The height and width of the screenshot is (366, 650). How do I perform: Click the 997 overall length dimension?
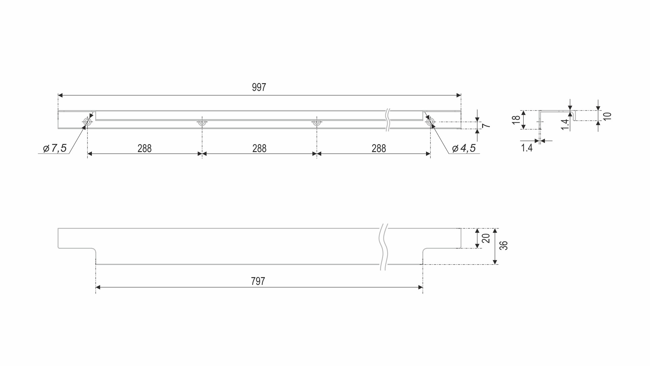click(259, 88)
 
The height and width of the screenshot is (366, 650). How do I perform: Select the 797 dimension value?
click(258, 282)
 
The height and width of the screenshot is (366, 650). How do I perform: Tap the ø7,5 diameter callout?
click(55, 148)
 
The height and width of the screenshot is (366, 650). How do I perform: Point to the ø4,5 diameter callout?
click(464, 148)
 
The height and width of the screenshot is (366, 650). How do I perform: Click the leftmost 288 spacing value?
click(145, 149)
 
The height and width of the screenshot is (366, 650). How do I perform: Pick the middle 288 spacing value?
click(259, 149)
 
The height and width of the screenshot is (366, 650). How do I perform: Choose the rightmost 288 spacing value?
click(379, 149)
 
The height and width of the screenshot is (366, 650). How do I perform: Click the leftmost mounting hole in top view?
click(87, 122)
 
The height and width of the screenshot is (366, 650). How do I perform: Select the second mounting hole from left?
click(202, 122)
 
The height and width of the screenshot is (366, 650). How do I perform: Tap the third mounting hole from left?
click(317, 122)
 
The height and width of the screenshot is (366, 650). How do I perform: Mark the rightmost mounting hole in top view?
click(430, 122)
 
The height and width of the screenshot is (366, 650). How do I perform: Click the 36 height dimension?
click(504, 246)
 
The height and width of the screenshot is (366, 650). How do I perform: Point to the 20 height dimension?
click(486, 239)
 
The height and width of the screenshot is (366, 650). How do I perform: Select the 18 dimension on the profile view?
click(516, 120)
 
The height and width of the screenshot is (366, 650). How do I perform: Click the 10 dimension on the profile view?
click(607, 116)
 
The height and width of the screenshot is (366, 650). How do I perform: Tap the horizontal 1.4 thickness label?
click(527, 148)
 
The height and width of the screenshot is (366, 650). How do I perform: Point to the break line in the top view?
click(388, 120)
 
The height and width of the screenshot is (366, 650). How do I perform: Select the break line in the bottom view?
click(384, 247)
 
